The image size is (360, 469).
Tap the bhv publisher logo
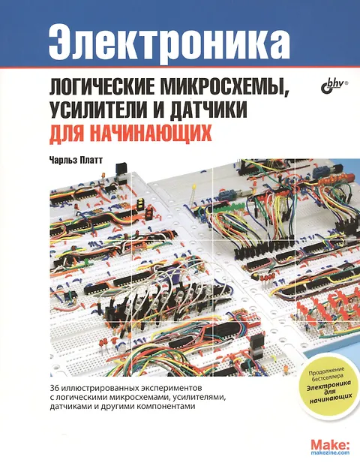click(x=332, y=84)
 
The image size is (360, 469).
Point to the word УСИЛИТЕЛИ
click(x=98, y=110)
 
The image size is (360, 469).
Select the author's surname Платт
click(x=91, y=161)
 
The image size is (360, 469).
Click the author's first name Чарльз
click(x=64, y=161)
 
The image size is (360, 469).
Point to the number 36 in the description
click(x=55, y=389)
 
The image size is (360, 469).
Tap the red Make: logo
click(x=330, y=444)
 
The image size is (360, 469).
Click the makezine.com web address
click(x=330, y=452)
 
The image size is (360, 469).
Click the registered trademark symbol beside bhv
click(x=347, y=81)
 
